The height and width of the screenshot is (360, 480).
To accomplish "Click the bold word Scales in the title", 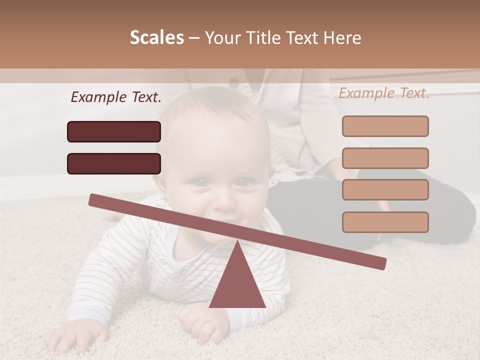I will pos(156,38).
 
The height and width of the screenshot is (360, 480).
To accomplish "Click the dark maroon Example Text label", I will pos(115,97).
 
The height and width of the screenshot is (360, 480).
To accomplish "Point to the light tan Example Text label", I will pos(384,93).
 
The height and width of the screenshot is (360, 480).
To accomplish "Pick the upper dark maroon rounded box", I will pos(114,131).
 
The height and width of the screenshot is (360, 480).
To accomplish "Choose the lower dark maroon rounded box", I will pos(114,163).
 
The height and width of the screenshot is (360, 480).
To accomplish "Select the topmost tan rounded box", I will pos(385,126).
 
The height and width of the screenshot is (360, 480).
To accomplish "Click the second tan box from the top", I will pos(385,158).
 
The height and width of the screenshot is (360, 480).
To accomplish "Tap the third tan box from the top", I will pos(385,190).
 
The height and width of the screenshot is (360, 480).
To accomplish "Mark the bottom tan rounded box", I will pos(385,222).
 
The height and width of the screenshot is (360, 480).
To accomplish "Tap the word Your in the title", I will pos(223,38).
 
